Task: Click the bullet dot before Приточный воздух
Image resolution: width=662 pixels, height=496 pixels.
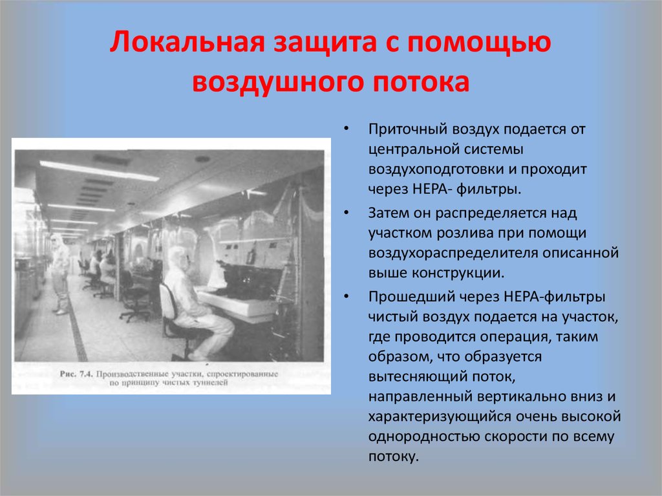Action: (348, 129)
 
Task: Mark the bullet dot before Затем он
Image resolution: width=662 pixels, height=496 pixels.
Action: (348, 213)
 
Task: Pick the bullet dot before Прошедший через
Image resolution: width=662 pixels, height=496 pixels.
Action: (348, 297)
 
